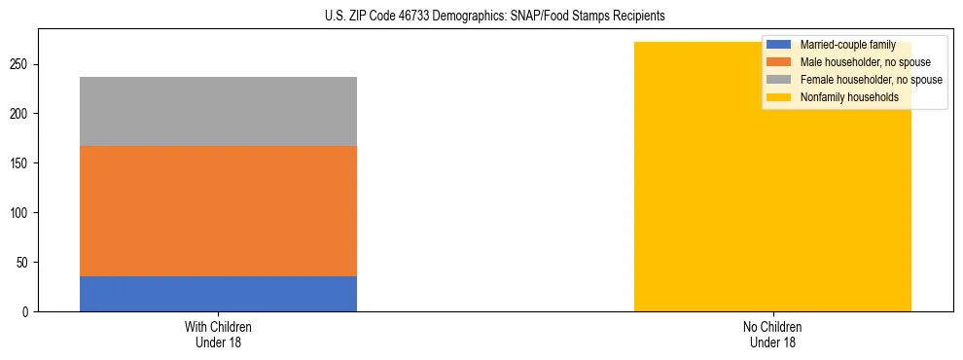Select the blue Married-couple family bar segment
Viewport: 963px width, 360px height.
pos(218,294)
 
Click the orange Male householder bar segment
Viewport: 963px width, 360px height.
pos(218,211)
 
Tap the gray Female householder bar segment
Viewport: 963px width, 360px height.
pos(218,111)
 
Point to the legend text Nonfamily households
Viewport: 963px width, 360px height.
pos(842,97)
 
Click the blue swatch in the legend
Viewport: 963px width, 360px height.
pos(779,45)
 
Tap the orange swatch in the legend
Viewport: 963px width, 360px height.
pos(779,62)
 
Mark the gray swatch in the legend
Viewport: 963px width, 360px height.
pos(779,80)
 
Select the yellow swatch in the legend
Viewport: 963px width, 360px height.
pos(779,97)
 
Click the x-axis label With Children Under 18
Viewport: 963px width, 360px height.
pos(218,334)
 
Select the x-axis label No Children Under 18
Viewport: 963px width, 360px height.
pos(772,334)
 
